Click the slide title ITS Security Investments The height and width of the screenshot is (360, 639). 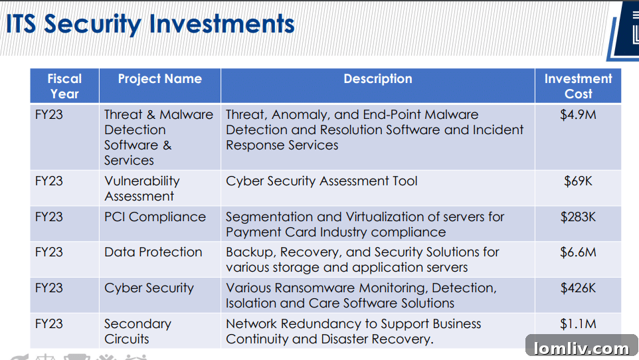click(x=150, y=24)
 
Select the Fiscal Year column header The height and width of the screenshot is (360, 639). click(x=64, y=86)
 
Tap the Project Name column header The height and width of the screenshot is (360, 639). click(x=159, y=79)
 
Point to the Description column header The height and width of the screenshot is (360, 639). click(x=378, y=79)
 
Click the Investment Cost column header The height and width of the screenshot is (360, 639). click(x=578, y=86)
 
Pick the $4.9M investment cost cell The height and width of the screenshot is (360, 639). click(x=578, y=115)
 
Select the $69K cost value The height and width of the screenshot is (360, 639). click(x=578, y=181)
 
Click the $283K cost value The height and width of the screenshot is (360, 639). click(x=578, y=217)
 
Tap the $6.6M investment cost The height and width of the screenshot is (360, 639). click(x=578, y=252)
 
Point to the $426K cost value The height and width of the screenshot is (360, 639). click(x=578, y=288)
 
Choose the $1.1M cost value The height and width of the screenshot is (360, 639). click(x=578, y=324)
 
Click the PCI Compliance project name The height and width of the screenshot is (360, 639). click(x=155, y=217)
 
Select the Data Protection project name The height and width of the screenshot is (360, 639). click(x=153, y=252)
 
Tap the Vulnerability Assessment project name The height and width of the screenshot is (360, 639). click(x=141, y=189)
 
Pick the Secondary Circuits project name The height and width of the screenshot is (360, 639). click(x=137, y=331)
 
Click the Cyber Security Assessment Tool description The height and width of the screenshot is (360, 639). click(x=321, y=181)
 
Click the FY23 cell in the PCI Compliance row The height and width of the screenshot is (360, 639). click(x=49, y=217)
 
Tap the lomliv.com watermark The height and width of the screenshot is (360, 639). click(x=581, y=348)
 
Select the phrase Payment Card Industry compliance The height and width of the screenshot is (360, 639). click(x=335, y=232)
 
